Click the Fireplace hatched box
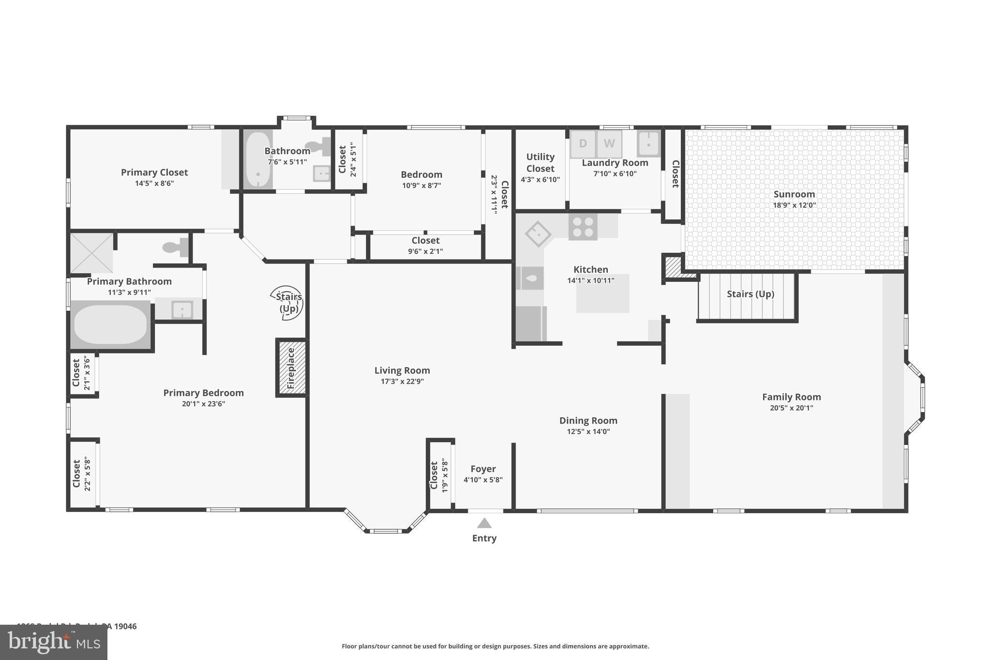(291, 368)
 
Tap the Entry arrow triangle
(484, 523)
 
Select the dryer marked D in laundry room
(583, 144)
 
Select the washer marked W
(609, 144)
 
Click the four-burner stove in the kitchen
(583, 227)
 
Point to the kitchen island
(602, 293)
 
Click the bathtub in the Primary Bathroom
(110, 324)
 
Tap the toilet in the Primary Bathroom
(176, 248)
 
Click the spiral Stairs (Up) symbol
(287, 303)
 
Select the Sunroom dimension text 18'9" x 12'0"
(794, 205)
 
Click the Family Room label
(791, 397)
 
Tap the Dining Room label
(588, 421)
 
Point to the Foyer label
(483, 469)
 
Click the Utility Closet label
(540, 162)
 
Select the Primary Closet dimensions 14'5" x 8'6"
(154, 183)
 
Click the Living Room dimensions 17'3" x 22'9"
(402, 381)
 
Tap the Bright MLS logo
(53, 642)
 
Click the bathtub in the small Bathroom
(257, 160)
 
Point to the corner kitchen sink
(538, 234)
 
